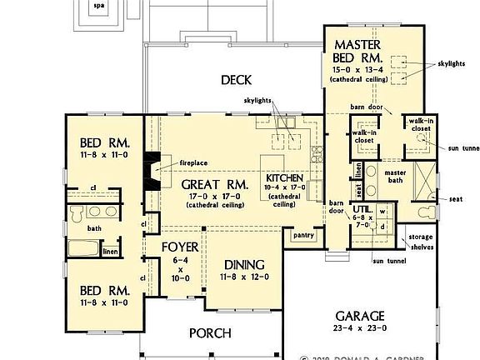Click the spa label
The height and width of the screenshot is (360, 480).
[99, 5]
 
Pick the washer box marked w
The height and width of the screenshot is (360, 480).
[383, 211]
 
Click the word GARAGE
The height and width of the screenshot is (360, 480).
[359, 317]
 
